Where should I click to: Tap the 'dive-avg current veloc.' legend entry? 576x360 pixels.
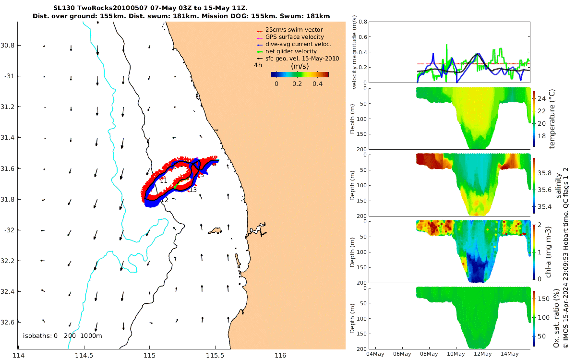point(298,44)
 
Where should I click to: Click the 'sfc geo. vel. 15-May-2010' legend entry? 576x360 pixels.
point(302,59)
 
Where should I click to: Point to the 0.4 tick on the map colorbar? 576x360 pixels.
point(317,84)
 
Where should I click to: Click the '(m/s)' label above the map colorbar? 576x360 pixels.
point(300,66)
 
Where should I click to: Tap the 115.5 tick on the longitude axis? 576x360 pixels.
point(215,356)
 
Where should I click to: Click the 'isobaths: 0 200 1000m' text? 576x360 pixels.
point(62,336)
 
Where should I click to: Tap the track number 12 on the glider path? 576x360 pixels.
point(165,200)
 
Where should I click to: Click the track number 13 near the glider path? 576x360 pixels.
point(193,190)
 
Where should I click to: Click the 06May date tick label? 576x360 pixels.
point(402,354)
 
